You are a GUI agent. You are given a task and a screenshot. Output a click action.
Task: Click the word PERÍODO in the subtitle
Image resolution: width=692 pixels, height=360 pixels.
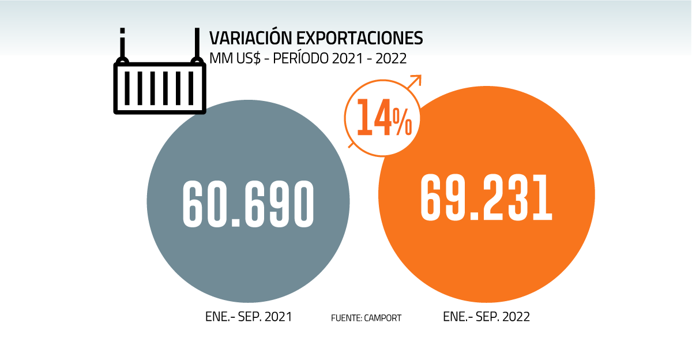294,58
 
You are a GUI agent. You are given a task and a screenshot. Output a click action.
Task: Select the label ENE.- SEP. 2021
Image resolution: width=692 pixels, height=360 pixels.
248,317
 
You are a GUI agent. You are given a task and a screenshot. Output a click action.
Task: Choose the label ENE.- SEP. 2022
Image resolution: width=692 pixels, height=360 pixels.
486,317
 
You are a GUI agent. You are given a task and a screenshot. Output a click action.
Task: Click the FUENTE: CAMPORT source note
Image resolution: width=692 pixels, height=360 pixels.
366,317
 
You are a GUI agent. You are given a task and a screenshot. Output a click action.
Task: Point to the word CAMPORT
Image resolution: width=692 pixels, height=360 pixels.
383,317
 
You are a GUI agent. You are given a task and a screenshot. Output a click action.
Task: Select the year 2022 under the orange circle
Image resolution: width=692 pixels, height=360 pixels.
517,317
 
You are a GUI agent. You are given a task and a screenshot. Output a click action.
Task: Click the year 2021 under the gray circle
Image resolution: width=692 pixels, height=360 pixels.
279,317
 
